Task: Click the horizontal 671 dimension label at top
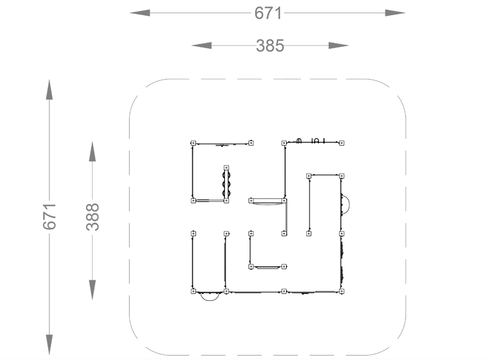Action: tap(268, 13)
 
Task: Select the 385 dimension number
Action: tap(270, 46)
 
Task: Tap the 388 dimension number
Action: tap(93, 217)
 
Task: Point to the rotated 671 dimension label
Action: tap(50, 217)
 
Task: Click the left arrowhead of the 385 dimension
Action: tap(202, 45)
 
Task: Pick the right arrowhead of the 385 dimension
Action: tap(339, 45)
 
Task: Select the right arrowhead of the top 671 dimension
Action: tap(395, 13)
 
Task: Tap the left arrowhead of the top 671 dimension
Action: tap(140, 13)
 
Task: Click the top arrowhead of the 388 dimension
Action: tap(93, 152)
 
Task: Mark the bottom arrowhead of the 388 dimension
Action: tap(93, 290)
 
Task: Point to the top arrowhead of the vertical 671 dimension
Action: tap(50, 90)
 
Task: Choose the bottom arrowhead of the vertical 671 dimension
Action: tap(50, 345)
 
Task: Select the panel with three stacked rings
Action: tap(226, 184)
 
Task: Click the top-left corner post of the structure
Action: tap(193, 143)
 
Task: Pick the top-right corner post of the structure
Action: tap(341, 143)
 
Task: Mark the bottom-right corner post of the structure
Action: tap(341, 291)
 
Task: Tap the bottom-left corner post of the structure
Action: tap(193, 291)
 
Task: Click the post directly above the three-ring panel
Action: tap(226, 168)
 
